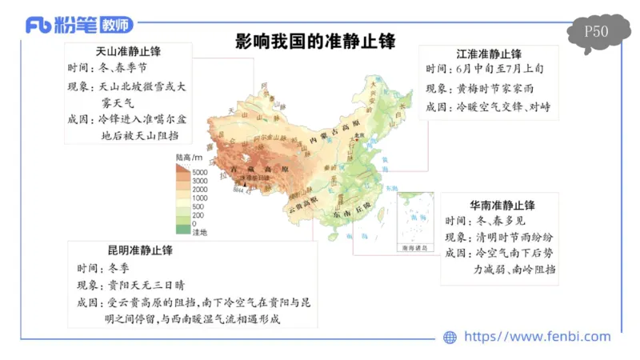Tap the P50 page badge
pos(596,33)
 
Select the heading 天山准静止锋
pos(128,52)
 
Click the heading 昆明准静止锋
pos(140,250)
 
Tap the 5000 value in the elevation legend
pos(199,173)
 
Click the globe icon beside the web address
pos(450,337)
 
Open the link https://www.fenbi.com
pos(537,337)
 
